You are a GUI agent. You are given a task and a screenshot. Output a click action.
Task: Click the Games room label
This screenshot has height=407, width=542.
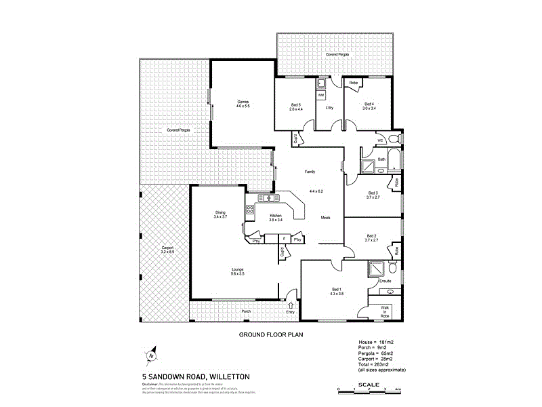tap(243, 104)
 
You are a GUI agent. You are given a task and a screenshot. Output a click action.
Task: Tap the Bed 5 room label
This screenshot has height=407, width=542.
tap(295, 106)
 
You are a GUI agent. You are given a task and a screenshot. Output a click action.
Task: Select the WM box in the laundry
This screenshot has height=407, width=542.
tap(321, 95)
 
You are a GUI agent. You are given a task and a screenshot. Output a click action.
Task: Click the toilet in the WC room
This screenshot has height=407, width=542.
tap(398, 140)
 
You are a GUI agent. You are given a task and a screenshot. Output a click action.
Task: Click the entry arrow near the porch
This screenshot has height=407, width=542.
tap(291, 306)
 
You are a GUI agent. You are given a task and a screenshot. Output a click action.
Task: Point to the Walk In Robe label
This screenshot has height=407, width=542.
tap(385, 311)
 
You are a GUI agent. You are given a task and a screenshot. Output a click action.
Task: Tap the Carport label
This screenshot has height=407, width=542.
tap(167, 250)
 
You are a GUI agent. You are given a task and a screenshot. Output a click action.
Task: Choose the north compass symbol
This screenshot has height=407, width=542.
tap(152, 355)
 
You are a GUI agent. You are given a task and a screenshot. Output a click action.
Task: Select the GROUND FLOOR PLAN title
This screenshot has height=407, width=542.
tap(271, 335)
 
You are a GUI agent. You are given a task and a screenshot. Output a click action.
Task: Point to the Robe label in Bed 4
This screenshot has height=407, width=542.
tap(353, 83)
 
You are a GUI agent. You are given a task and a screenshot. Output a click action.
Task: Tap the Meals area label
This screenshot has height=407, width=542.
tap(325, 218)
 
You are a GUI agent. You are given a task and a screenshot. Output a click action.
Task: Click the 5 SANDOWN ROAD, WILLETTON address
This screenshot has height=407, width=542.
tap(186, 376)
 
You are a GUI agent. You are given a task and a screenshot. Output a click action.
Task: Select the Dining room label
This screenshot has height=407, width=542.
tap(220, 214)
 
